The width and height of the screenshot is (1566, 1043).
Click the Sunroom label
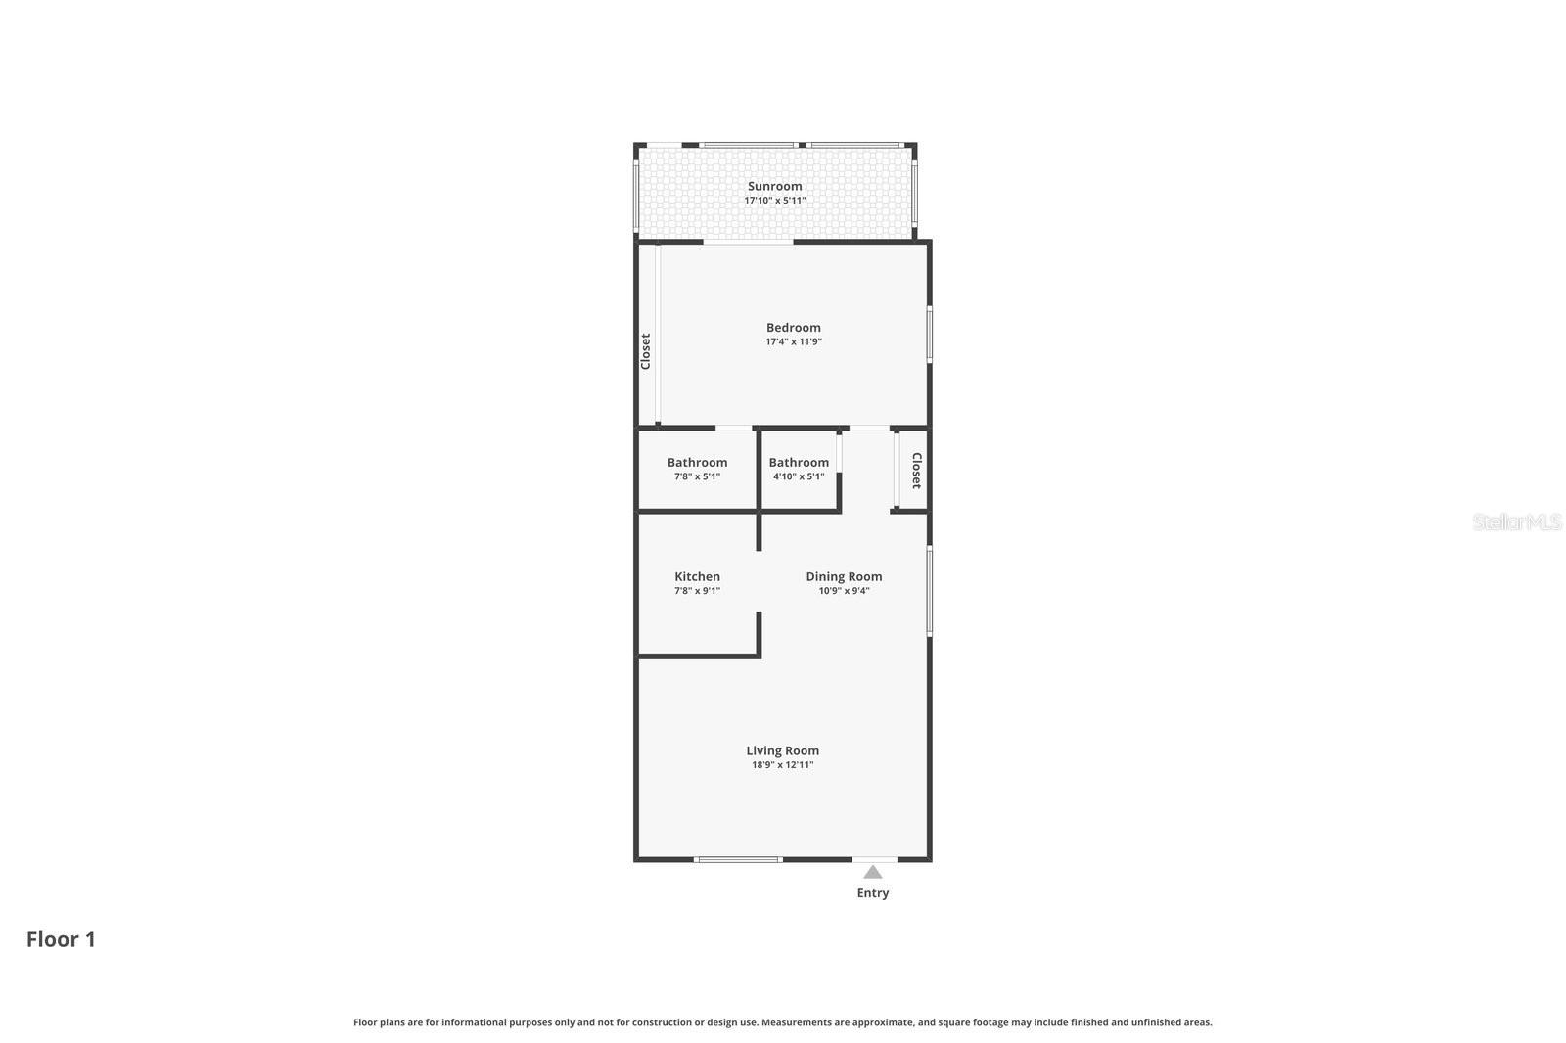774,186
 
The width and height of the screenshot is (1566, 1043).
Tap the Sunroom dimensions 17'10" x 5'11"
774,201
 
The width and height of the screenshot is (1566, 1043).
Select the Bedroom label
793,328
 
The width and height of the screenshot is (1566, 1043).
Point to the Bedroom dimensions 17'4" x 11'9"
793,342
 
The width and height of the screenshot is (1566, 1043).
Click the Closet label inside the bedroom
646,351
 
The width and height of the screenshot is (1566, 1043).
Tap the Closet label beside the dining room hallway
916,470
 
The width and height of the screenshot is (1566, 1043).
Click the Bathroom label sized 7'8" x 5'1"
697,463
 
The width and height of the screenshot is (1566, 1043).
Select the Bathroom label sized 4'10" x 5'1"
799,463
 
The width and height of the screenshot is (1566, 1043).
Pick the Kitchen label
697,577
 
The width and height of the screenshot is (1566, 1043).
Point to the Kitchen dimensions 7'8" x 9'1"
697,591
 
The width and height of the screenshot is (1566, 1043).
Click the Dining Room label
844,577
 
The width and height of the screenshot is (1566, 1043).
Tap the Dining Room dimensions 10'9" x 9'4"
844,591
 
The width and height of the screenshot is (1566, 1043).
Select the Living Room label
782,751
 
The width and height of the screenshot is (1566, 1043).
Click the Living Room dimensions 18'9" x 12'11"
782,765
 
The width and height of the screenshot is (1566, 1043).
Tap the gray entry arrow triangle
873,872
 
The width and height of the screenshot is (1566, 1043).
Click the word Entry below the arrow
873,893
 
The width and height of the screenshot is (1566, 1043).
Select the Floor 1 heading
61,939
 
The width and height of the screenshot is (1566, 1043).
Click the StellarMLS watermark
1516,521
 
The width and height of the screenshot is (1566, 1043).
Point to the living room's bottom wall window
738,859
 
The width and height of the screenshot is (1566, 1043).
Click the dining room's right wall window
929,591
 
